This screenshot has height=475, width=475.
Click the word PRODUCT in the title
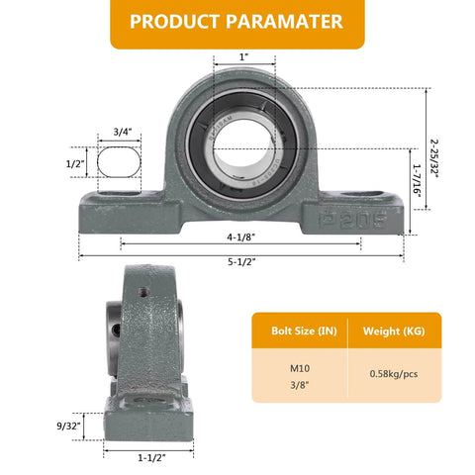coord(175,22)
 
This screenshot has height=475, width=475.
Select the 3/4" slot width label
coord(123,131)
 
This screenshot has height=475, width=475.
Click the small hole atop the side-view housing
coord(142,292)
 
